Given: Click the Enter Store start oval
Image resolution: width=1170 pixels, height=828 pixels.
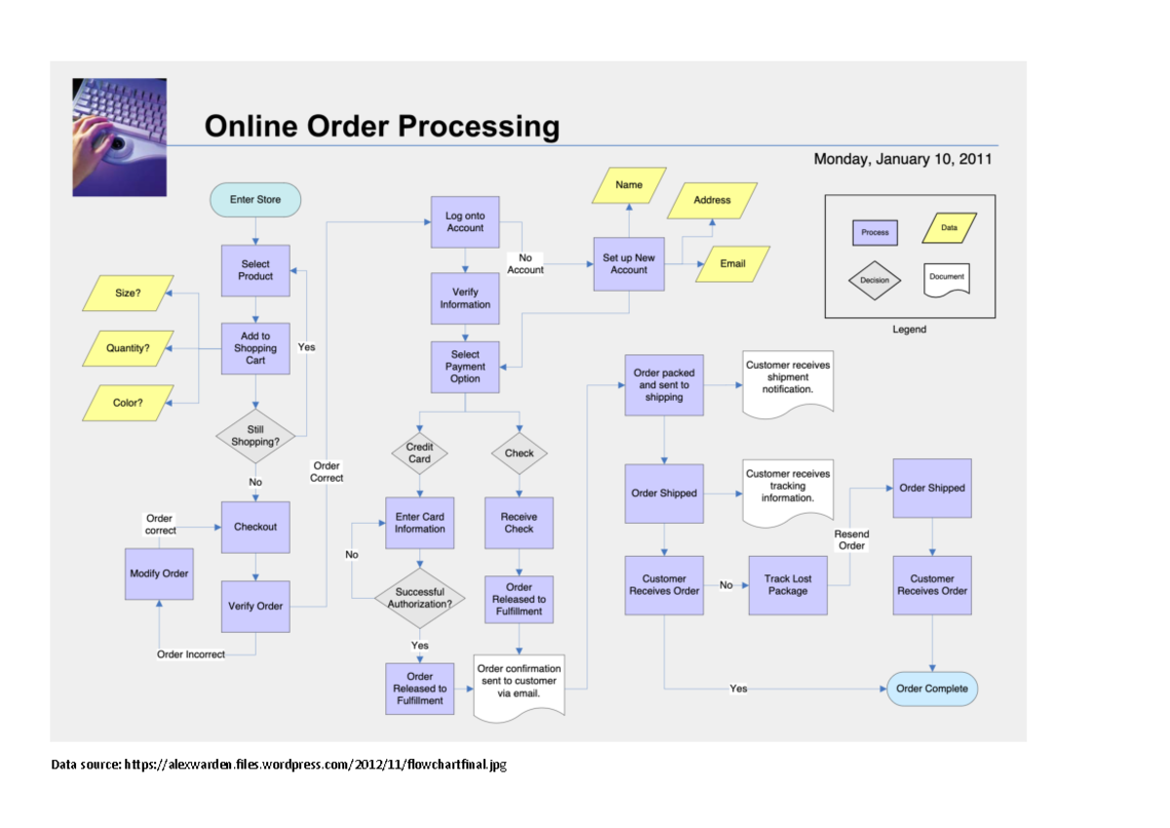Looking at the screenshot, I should point(255,200).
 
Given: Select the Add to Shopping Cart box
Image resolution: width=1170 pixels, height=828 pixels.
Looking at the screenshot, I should point(255,348).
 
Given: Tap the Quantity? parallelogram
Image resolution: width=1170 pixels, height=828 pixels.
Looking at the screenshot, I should point(128,347).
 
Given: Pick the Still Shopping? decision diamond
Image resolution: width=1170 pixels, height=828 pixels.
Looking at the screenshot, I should point(255,435).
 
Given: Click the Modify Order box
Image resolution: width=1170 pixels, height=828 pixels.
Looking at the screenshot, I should point(159,573).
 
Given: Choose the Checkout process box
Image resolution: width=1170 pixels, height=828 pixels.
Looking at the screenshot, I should point(255,527).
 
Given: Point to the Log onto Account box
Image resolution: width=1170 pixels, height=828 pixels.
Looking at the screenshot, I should point(465,222).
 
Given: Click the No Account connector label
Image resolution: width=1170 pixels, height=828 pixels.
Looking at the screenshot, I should point(525,263).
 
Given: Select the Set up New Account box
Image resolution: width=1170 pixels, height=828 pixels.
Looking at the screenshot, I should point(629,263).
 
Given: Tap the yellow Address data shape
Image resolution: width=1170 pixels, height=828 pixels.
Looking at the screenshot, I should point(712,200).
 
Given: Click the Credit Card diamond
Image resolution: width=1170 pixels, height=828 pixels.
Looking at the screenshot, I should point(419,453).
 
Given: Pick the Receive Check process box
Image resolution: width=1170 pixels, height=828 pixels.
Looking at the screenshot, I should point(519,523).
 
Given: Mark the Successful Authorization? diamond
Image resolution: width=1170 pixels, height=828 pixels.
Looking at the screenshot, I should point(419,598).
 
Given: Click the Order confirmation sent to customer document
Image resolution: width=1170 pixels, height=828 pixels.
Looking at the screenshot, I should point(520,685).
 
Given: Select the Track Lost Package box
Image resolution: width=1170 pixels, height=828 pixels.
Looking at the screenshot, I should point(788,585).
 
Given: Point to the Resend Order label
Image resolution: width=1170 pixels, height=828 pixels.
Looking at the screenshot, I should point(851,539).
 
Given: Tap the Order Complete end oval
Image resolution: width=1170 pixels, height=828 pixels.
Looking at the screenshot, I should point(932,689).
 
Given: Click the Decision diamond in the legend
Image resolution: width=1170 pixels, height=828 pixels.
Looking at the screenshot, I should point(875,280).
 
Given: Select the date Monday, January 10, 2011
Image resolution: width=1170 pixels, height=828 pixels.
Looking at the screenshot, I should point(903,159).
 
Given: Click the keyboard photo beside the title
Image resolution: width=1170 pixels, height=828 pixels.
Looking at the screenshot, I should point(119,138).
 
